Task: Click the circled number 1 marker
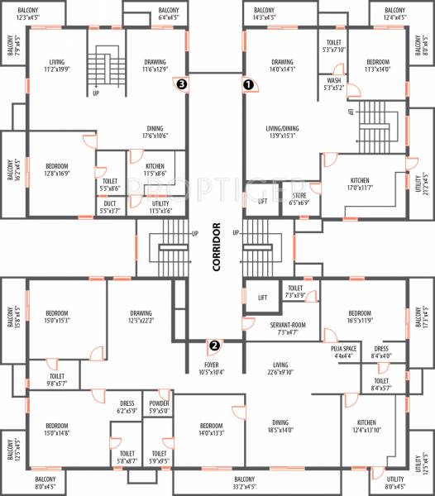(x=246, y=83)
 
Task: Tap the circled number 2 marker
(x=213, y=346)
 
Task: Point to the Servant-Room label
(x=288, y=329)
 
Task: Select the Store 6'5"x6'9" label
(x=299, y=199)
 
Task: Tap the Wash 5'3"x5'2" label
(x=333, y=83)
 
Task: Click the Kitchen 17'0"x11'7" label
(x=360, y=184)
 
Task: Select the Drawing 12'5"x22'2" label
(x=141, y=317)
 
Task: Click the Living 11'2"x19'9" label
(x=57, y=66)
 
